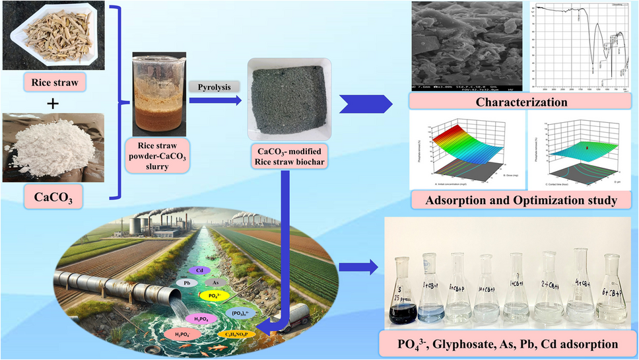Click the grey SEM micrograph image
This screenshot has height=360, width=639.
pos(463,46)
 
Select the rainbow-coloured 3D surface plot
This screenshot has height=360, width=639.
pos(462,149)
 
